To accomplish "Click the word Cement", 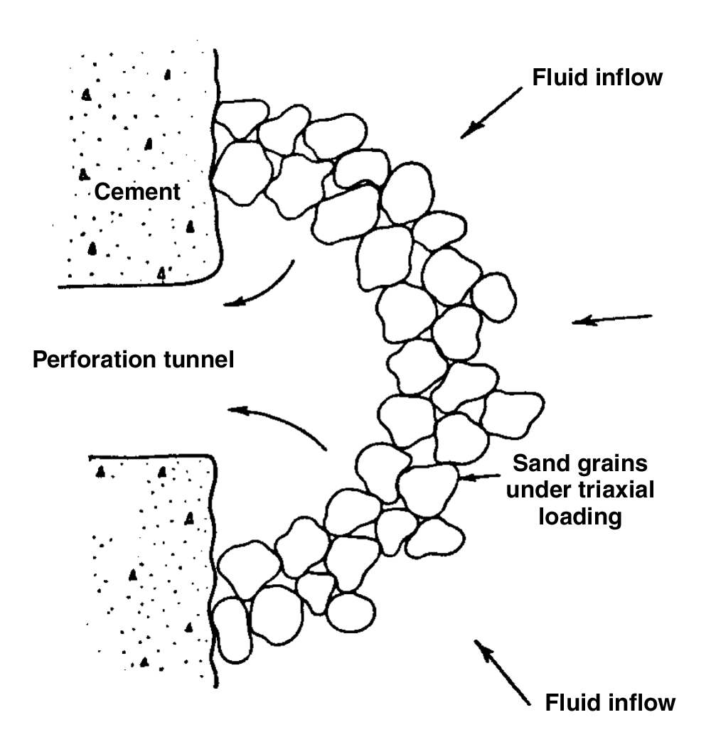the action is pos(137,192).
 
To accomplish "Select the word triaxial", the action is pos(616,490).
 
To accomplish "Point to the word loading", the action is pos(580,517).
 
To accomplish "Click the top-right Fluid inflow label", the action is pos(597,77).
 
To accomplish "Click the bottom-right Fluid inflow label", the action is pos(610,703).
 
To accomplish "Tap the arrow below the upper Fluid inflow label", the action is pos(491,113).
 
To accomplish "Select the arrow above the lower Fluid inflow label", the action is pos(502,672).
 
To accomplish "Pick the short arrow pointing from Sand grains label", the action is pos(479,477).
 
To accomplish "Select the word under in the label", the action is pos(538,490).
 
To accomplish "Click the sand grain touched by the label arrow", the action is pos(428,490).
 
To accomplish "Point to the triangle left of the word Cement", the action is pos(84,173).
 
